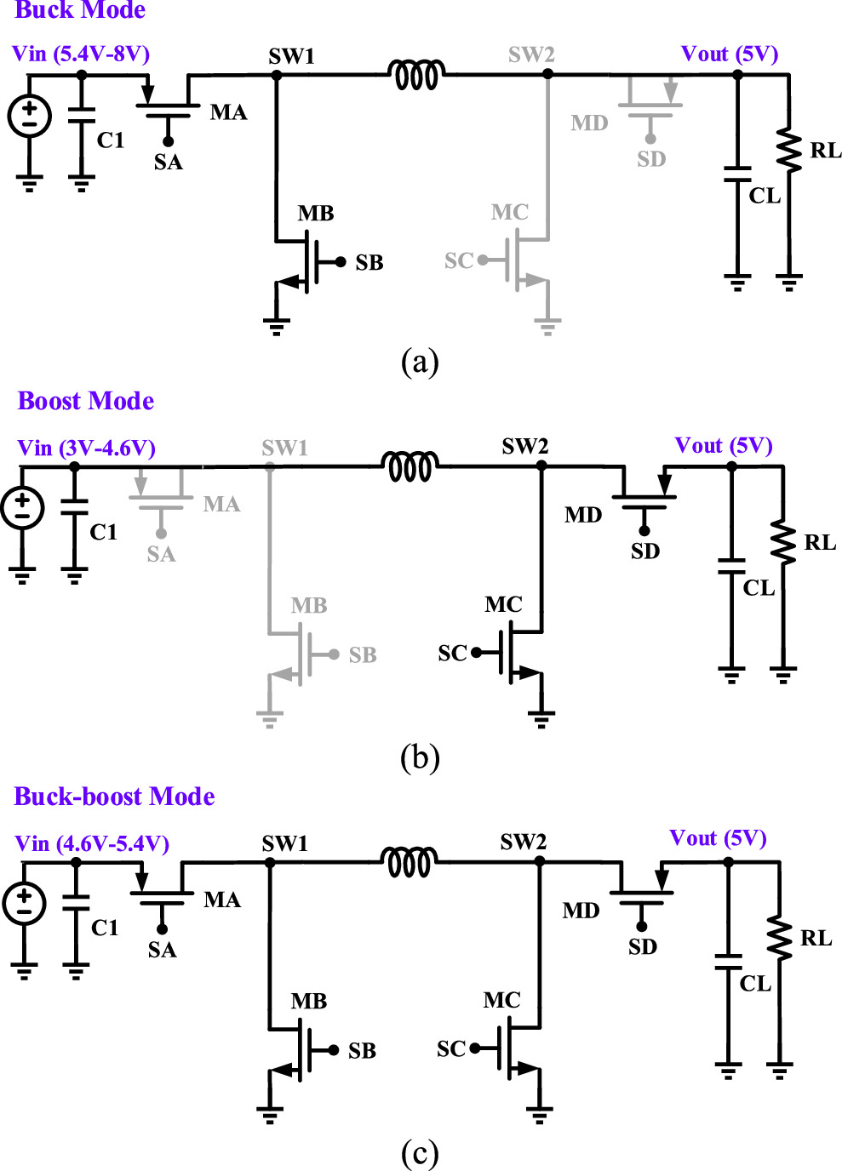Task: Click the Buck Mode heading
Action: tap(80, 10)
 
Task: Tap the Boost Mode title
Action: tap(85, 401)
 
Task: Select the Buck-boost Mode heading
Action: tap(114, 797)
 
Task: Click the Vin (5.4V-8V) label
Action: tap(81, 54)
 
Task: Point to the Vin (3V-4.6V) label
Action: tap(86, 448)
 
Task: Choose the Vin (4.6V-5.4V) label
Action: tap(92, 843)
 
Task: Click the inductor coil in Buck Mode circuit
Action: tap(416, 75)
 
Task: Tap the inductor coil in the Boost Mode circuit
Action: tap(410, 466)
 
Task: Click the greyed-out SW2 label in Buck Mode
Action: tap(531, 54)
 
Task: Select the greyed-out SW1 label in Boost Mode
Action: tap(284, 448)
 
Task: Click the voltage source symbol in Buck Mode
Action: tap(30, 117)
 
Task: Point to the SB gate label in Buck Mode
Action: tap(369, 263)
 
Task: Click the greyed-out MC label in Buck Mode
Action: tap(509, 212)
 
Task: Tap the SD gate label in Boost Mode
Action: tap(644, 551)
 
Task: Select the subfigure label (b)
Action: tap(420, 757)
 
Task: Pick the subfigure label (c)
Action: tap(420, 1153)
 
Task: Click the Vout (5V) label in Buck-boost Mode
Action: tap(718, 838)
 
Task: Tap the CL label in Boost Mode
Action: tap(759, 588)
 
